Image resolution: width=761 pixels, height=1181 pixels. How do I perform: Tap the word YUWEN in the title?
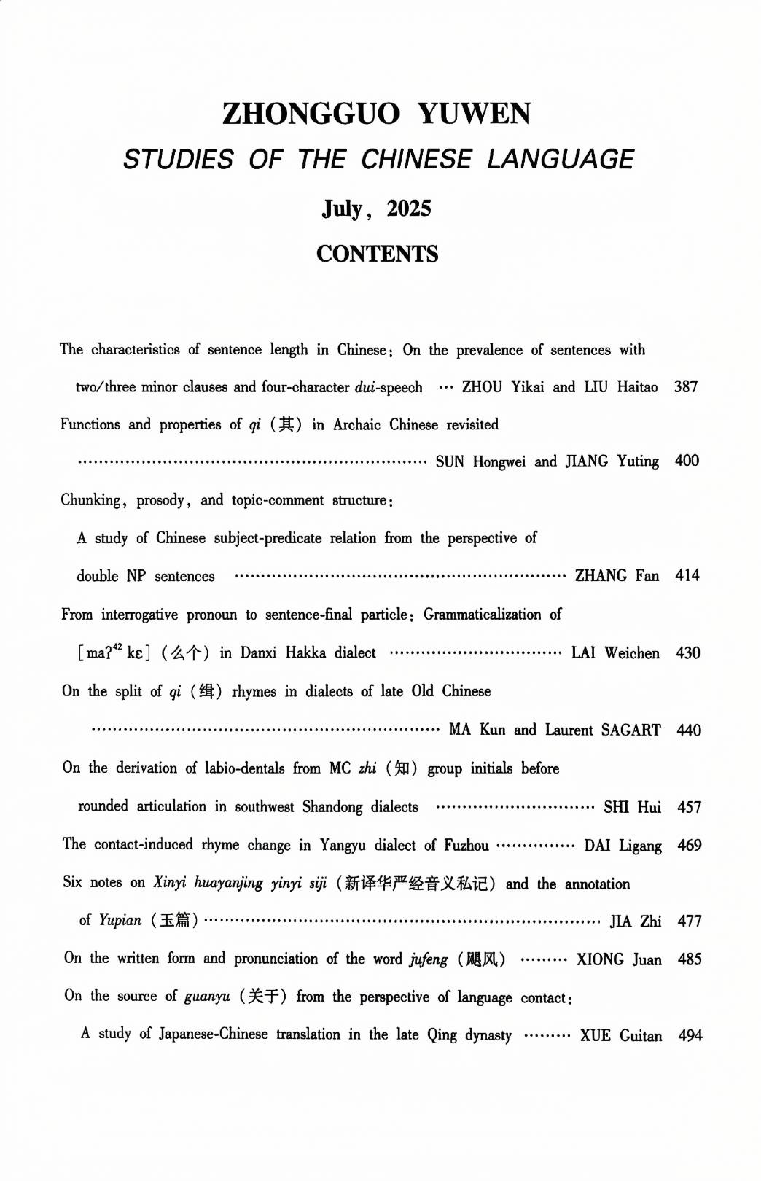tap(474, 114)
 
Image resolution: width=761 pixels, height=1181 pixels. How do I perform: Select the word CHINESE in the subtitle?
tap(415, 160)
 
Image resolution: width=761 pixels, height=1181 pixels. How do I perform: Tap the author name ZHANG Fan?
tap(617, 576)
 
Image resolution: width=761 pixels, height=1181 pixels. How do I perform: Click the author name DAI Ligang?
tap(623, 845)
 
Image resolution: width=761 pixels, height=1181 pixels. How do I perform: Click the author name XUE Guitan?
tap(621, 1035)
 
